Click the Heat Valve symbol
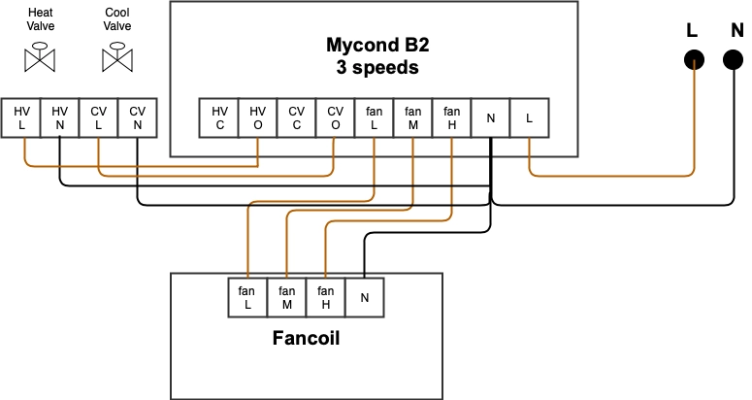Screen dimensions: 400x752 pyautogui.click(x=41, y=58)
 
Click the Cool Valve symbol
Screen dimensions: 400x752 pyautogui.click(x=117, y=58)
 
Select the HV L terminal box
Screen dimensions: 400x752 pyautogui.click(x=21, y=117)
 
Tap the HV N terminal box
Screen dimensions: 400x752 pyautogui.click(x=60, y=117)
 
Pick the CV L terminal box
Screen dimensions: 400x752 pyautogui.click(x=99, y=117)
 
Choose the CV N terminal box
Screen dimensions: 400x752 pyautogui.click(x=137, y=117)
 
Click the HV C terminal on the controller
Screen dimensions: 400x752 pyautogui.click(x=219, y=117)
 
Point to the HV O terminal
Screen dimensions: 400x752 pyautogui.click(x=257, y=117)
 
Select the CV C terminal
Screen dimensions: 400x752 pyautogui.click(x=296, y=117)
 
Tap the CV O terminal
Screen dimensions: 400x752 pyautogui.click(x=335, y=117)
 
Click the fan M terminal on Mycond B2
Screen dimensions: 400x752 pyautogui.click(x=412, y=117)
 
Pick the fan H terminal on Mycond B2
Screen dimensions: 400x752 pyautogui.click(x=451, y=117)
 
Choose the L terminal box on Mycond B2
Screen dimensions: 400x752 pyautogui.click(x=529, y=117)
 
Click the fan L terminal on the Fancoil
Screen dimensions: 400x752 pyautogui.click(x=247, y=297)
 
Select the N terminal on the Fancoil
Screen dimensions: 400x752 pyautogui.click(x=364, y=297)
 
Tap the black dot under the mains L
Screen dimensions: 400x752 pyautogui.click(x=693, y=61)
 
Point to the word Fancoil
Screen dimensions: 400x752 pyautogui.click(x=306, y=341)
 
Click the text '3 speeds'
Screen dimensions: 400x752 pyautogui.click(x=375, y=68)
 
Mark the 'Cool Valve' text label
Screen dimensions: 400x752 pyautogui.click(x=117, y=19)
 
